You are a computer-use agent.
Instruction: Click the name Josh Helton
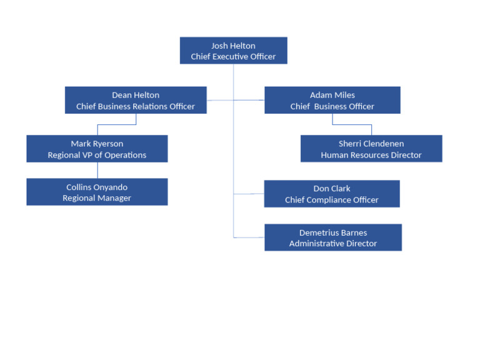[x=233, y=46]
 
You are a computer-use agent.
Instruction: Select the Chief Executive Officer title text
[x=233, y=57]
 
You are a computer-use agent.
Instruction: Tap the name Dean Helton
[x=136, y=95]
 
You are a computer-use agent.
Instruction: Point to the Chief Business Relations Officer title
[x=136, y=106]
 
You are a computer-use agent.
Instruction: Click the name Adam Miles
[x=332, y=95]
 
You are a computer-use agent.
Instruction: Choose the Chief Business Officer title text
[x=332, y=106]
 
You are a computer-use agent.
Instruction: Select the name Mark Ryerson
[x=97, y=144]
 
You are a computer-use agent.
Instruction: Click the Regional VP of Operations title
[x=97, y=155]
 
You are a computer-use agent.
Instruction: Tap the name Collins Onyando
[x=97, y=187]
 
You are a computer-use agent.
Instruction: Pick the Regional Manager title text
[x=97, y=198]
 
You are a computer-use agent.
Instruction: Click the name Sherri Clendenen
[x=371, y=144]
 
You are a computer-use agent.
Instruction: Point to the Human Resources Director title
[x=371, y=155]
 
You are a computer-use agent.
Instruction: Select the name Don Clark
[x=332, y=189]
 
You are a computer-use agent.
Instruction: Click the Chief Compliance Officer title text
[x=332, y=200]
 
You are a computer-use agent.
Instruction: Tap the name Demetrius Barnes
[x=333, y=232]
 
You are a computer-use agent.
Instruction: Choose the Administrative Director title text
[x=333, y=244]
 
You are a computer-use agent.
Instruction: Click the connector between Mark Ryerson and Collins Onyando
[x=97, y=170]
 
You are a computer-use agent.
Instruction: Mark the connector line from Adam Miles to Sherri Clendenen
[x=352, y=124]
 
